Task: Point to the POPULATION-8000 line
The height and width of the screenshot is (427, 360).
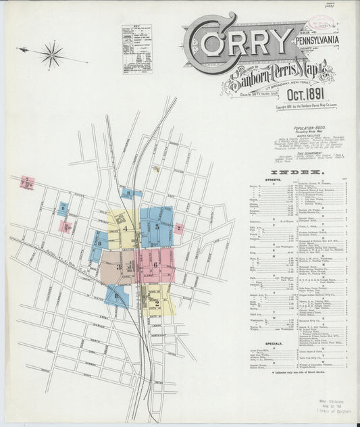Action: (307, 128)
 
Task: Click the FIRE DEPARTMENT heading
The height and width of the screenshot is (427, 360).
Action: (307, 152)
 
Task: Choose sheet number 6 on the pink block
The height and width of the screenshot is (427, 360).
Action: (155, 264)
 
